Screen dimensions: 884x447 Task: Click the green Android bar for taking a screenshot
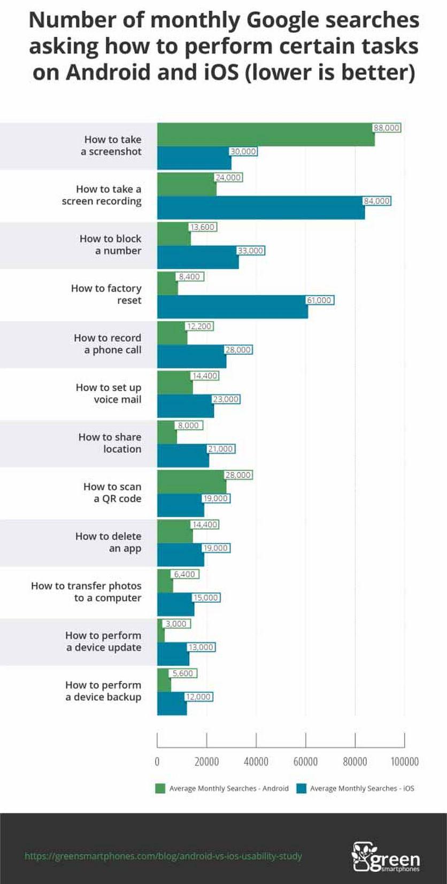[266, 135]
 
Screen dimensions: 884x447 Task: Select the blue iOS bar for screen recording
[261, 207]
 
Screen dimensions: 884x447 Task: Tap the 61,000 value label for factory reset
[319, 300]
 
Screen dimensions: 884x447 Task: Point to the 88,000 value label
[387, 128]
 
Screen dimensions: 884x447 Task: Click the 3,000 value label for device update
[176, 624]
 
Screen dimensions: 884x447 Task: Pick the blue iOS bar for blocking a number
[198, 257]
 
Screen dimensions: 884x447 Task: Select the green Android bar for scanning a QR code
[191, 482]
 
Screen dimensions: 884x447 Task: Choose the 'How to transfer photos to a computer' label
[86, 592]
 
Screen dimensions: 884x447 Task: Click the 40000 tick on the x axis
[256, 762]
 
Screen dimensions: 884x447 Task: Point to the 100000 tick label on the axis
[404, 762]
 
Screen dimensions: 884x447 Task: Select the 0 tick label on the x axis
[157, 762]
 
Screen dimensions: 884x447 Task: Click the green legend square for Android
[160, 788]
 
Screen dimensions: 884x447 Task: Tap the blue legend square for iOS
[301, 788]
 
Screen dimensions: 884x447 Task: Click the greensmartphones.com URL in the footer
[163, 856]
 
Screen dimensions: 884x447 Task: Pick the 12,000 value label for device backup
[198, 697]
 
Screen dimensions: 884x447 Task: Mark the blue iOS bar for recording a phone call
[191, 356]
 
